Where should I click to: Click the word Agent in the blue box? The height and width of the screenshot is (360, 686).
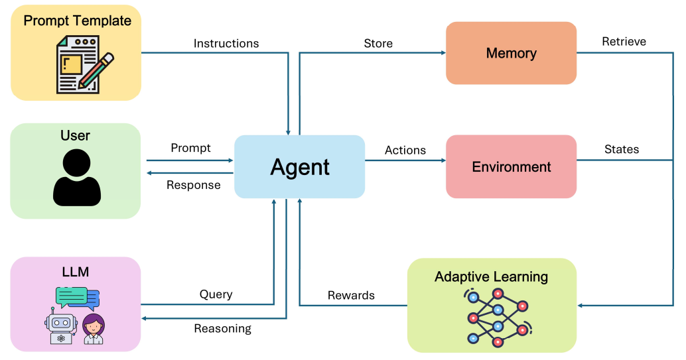pyautogui.click(x=300, y=168)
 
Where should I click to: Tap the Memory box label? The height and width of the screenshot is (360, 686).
pyautogui.click(x=511, y=53)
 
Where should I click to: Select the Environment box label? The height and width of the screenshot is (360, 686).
pyautogui.click(x=511, y=166)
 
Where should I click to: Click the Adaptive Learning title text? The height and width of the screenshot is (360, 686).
pyautogui.click(x=491, y=277)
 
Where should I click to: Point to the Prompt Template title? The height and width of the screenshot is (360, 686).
pyautogui.click(x=78, y=21)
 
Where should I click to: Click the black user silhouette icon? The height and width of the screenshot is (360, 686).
pyautogui.click(x=76, y=178)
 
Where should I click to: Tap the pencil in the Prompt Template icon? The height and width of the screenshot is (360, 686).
pyautogui.click(x=96, y=70)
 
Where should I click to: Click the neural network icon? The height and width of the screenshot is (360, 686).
pyautogui.click(x=498, y=317)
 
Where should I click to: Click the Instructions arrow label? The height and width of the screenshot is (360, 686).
pyautogui.click(x=226, y=44)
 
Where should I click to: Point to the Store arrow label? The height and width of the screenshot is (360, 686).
pyautogui.click(x=378, y=43)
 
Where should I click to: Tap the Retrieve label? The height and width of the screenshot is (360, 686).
pyautogui.click(x=624, y=42)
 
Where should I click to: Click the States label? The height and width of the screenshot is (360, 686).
pyautogui.click(x=622, y=150)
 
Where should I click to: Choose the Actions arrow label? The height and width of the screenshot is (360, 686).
pyautogui.click(x=405, y=150)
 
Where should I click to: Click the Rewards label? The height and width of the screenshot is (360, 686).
pyautogui.click(x=351, y=296)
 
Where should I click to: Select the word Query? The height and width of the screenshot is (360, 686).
pyautogui.click(x=216, y=294)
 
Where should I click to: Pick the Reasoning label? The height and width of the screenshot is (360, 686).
pyautogui.click(x=223, y=329)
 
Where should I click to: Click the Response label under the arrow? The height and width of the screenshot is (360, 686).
pyautogui.click(x=193, y=186)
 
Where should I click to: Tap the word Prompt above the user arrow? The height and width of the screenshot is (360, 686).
pyautogui.click(x=190, y=149)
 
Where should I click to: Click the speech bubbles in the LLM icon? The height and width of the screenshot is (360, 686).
pyautogui.click(x=78, y=298)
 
